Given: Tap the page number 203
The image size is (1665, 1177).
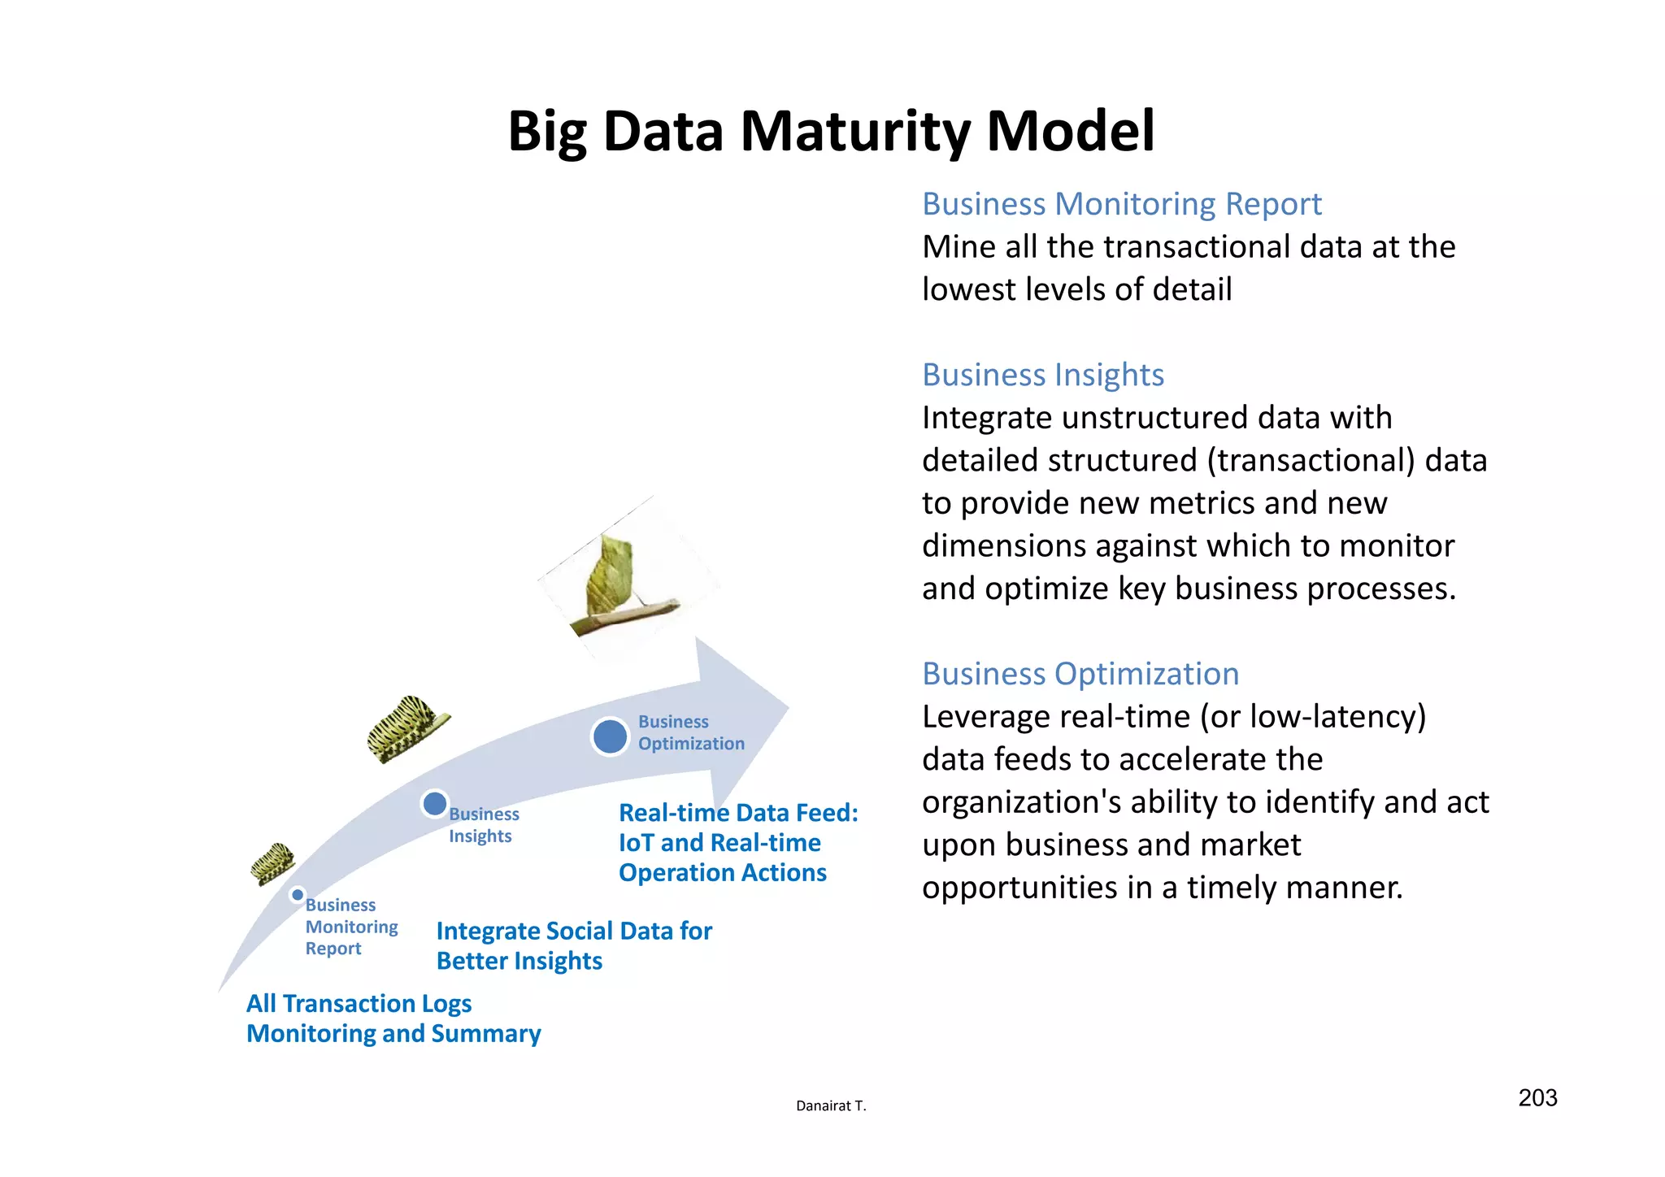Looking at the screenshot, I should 1537,1098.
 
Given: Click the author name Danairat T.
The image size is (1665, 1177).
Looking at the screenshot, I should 831,1105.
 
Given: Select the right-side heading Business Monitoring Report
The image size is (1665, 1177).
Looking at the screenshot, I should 1121,204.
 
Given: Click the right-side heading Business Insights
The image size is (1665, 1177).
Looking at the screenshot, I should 1042,375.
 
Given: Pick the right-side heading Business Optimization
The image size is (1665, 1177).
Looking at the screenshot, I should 1080,674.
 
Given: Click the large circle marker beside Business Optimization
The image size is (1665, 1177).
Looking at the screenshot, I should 610,736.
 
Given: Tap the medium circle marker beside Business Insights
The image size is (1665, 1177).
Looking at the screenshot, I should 435,804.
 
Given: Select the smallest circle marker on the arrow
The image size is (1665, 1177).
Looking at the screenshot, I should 298,895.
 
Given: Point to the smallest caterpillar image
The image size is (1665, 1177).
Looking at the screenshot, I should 272,863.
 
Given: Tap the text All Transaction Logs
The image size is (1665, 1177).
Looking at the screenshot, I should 359,1004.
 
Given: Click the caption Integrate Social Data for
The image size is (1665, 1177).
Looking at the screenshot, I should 574,931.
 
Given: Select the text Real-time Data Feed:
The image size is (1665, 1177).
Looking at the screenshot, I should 738,813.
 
